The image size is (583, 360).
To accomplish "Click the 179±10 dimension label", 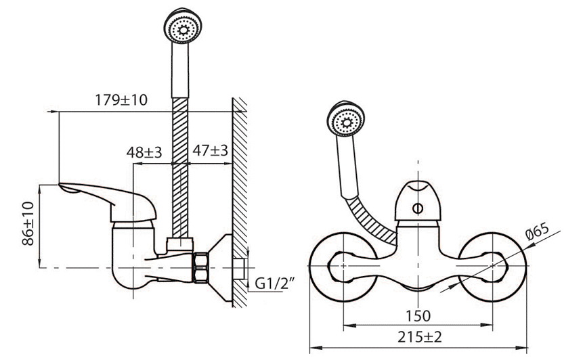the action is coord(121,100).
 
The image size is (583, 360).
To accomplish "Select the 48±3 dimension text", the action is coord(144,152).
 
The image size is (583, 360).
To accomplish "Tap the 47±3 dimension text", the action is coord(210,150).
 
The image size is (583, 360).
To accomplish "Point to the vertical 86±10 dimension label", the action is coord(28,224).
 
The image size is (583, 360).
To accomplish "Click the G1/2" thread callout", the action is coord(274,284).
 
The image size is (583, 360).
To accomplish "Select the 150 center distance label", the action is coord(418,316).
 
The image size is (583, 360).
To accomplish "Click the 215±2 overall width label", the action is coord(420,338).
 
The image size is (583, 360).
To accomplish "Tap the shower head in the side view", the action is coord(183,25).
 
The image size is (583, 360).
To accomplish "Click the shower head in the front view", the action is coord(346,119).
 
